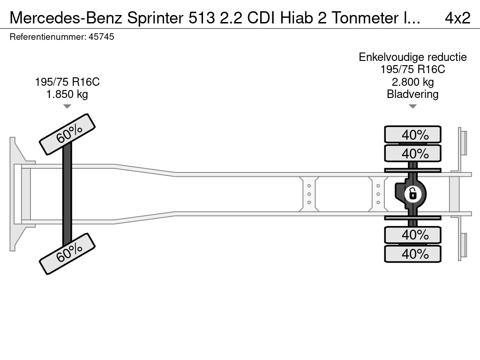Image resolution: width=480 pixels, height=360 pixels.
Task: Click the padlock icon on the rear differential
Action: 412,194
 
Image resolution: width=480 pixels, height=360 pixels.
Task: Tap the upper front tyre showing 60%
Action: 67,134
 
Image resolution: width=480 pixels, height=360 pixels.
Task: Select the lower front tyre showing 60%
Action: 67,254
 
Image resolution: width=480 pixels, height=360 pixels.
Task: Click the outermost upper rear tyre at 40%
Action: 413,135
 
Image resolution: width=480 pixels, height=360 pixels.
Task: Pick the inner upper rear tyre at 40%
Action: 413,153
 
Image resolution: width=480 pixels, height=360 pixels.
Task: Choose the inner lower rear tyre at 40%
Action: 413,234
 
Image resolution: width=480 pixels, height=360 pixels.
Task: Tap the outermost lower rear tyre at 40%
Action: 413,254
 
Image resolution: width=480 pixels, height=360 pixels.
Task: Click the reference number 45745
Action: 101,37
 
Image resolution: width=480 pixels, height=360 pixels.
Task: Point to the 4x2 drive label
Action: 457,18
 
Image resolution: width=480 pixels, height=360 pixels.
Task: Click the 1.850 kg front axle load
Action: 67,94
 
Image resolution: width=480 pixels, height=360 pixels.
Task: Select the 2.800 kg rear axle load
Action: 412,82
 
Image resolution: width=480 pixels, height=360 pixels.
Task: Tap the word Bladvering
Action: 412,94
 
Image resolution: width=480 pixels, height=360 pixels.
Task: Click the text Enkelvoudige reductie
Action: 412,57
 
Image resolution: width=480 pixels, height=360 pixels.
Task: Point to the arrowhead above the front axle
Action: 67,106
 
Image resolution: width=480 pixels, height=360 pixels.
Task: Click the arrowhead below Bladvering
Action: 412,106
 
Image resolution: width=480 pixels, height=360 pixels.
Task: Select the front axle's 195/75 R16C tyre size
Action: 67,82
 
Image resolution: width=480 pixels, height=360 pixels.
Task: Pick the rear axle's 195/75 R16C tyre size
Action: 412,69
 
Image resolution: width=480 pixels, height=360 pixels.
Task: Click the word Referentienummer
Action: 47,37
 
